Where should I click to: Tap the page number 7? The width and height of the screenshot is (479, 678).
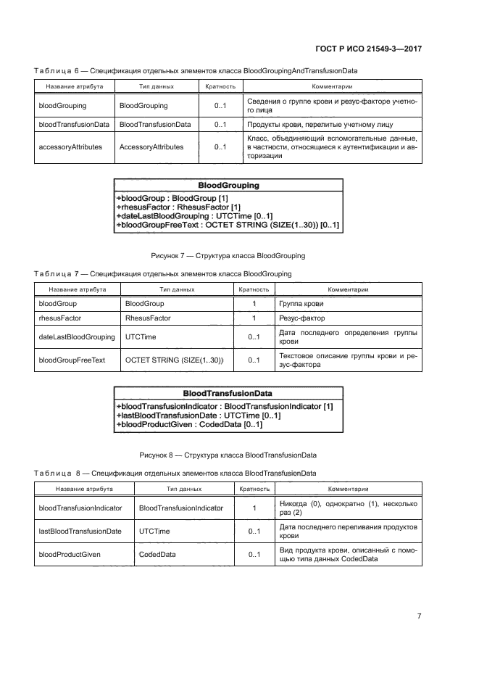click(x=419, y=616)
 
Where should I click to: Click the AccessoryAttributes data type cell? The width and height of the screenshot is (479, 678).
click(x=151, y=146)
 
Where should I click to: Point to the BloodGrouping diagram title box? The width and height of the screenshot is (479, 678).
click(x=228, y=186)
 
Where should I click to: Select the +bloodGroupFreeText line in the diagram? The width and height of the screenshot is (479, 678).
click(x=228, y=226)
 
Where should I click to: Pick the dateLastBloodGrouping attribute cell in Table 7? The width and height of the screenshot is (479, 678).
click(x=76, y=337)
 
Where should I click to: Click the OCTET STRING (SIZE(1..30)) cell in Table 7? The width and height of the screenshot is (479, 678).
click(x=174, y=360)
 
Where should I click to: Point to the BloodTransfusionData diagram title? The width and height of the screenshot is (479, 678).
click(x=227, y=393)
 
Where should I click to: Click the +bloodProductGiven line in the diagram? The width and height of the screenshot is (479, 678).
click(x=189, y=424)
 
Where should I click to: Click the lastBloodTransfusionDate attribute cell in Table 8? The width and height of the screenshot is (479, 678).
click(x=80, y=532)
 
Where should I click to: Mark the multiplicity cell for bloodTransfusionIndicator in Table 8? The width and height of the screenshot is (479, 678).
click(x=254, y=508)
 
